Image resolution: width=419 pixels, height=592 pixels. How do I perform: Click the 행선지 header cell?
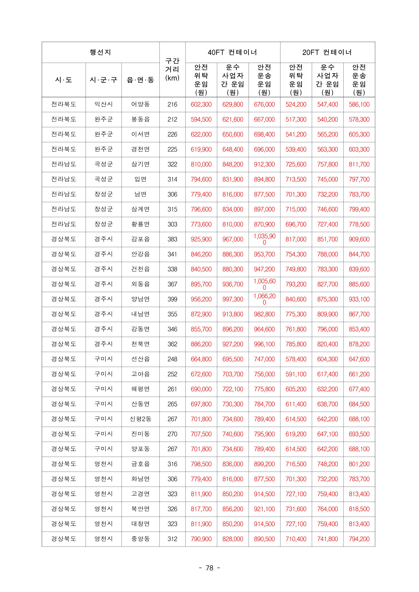point(100,52)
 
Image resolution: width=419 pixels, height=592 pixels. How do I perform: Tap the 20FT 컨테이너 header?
point(327,52)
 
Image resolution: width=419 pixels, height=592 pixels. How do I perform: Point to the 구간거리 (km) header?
point(172,69)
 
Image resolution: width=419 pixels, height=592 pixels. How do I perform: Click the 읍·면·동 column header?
point(140,80)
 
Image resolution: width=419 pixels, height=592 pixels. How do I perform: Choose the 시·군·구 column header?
point(103,80)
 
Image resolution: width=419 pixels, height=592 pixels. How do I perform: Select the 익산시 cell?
point(103,104)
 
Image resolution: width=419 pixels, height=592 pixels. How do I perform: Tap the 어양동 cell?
point(140,104)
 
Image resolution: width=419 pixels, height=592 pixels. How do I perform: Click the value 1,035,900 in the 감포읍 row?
point(265,239)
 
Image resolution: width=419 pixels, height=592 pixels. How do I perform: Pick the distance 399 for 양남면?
point(172,299)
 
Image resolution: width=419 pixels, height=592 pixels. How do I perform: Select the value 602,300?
point(201,104)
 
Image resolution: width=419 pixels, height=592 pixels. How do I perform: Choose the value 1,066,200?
point(265,299)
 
